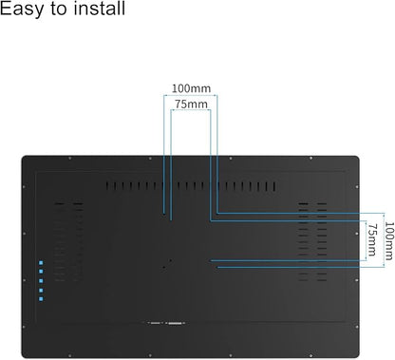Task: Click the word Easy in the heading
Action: click(x=21, y=9)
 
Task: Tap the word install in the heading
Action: click(x=100, y=8)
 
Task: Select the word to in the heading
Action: click(x=58, y=9)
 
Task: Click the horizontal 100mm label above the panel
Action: click(x=191, y=88)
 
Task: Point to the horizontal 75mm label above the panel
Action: click(x=191, y=104)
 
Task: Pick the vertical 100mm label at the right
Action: click(x=389, y=240)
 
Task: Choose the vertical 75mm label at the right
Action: click(x=372, y=239)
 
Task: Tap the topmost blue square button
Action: click(x=41, y=263)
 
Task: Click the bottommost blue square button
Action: click(x=41, y=299)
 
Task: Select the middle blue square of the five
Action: click(x=41, y=281)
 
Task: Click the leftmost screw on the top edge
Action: click(x=70, y=159)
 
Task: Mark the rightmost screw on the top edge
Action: click(x=310, y=159)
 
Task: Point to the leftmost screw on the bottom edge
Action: click(x=70, y=355)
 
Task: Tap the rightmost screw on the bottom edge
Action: click(x=310, y=355)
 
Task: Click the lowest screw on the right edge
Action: click(x=357, y=327)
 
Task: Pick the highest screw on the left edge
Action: click(x=24, y=187)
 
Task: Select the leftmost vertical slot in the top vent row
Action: click(x=107, y=186)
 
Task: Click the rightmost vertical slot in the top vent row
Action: click(x=274, y=186)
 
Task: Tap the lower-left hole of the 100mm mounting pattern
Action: click(x=164, y=268)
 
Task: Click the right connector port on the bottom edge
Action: click(x=175, y=323)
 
